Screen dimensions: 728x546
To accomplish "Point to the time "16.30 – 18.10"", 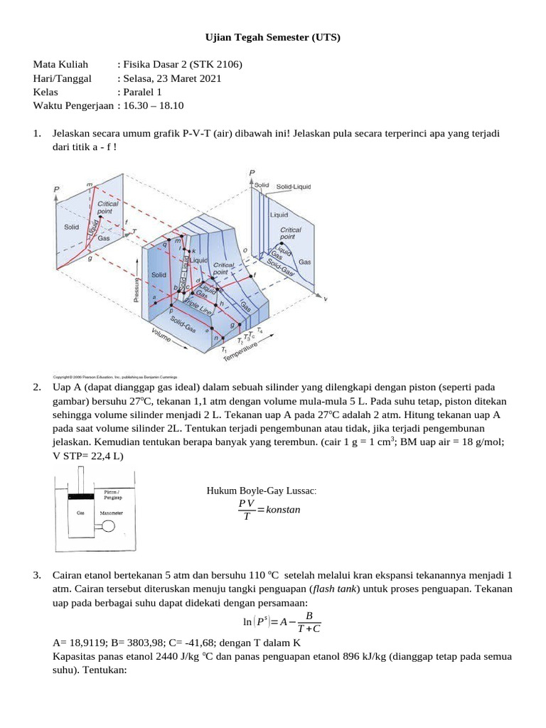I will [x=153, y=105].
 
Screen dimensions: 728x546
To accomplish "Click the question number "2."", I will [x=37, y=387].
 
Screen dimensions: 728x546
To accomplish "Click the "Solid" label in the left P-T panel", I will [x=71, y=227].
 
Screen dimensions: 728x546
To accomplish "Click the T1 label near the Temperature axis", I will [x=223, y=349].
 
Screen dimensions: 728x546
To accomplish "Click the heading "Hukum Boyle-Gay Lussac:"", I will [x=262, y=491].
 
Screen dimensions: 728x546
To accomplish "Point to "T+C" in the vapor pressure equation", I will [x=308, y=628].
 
